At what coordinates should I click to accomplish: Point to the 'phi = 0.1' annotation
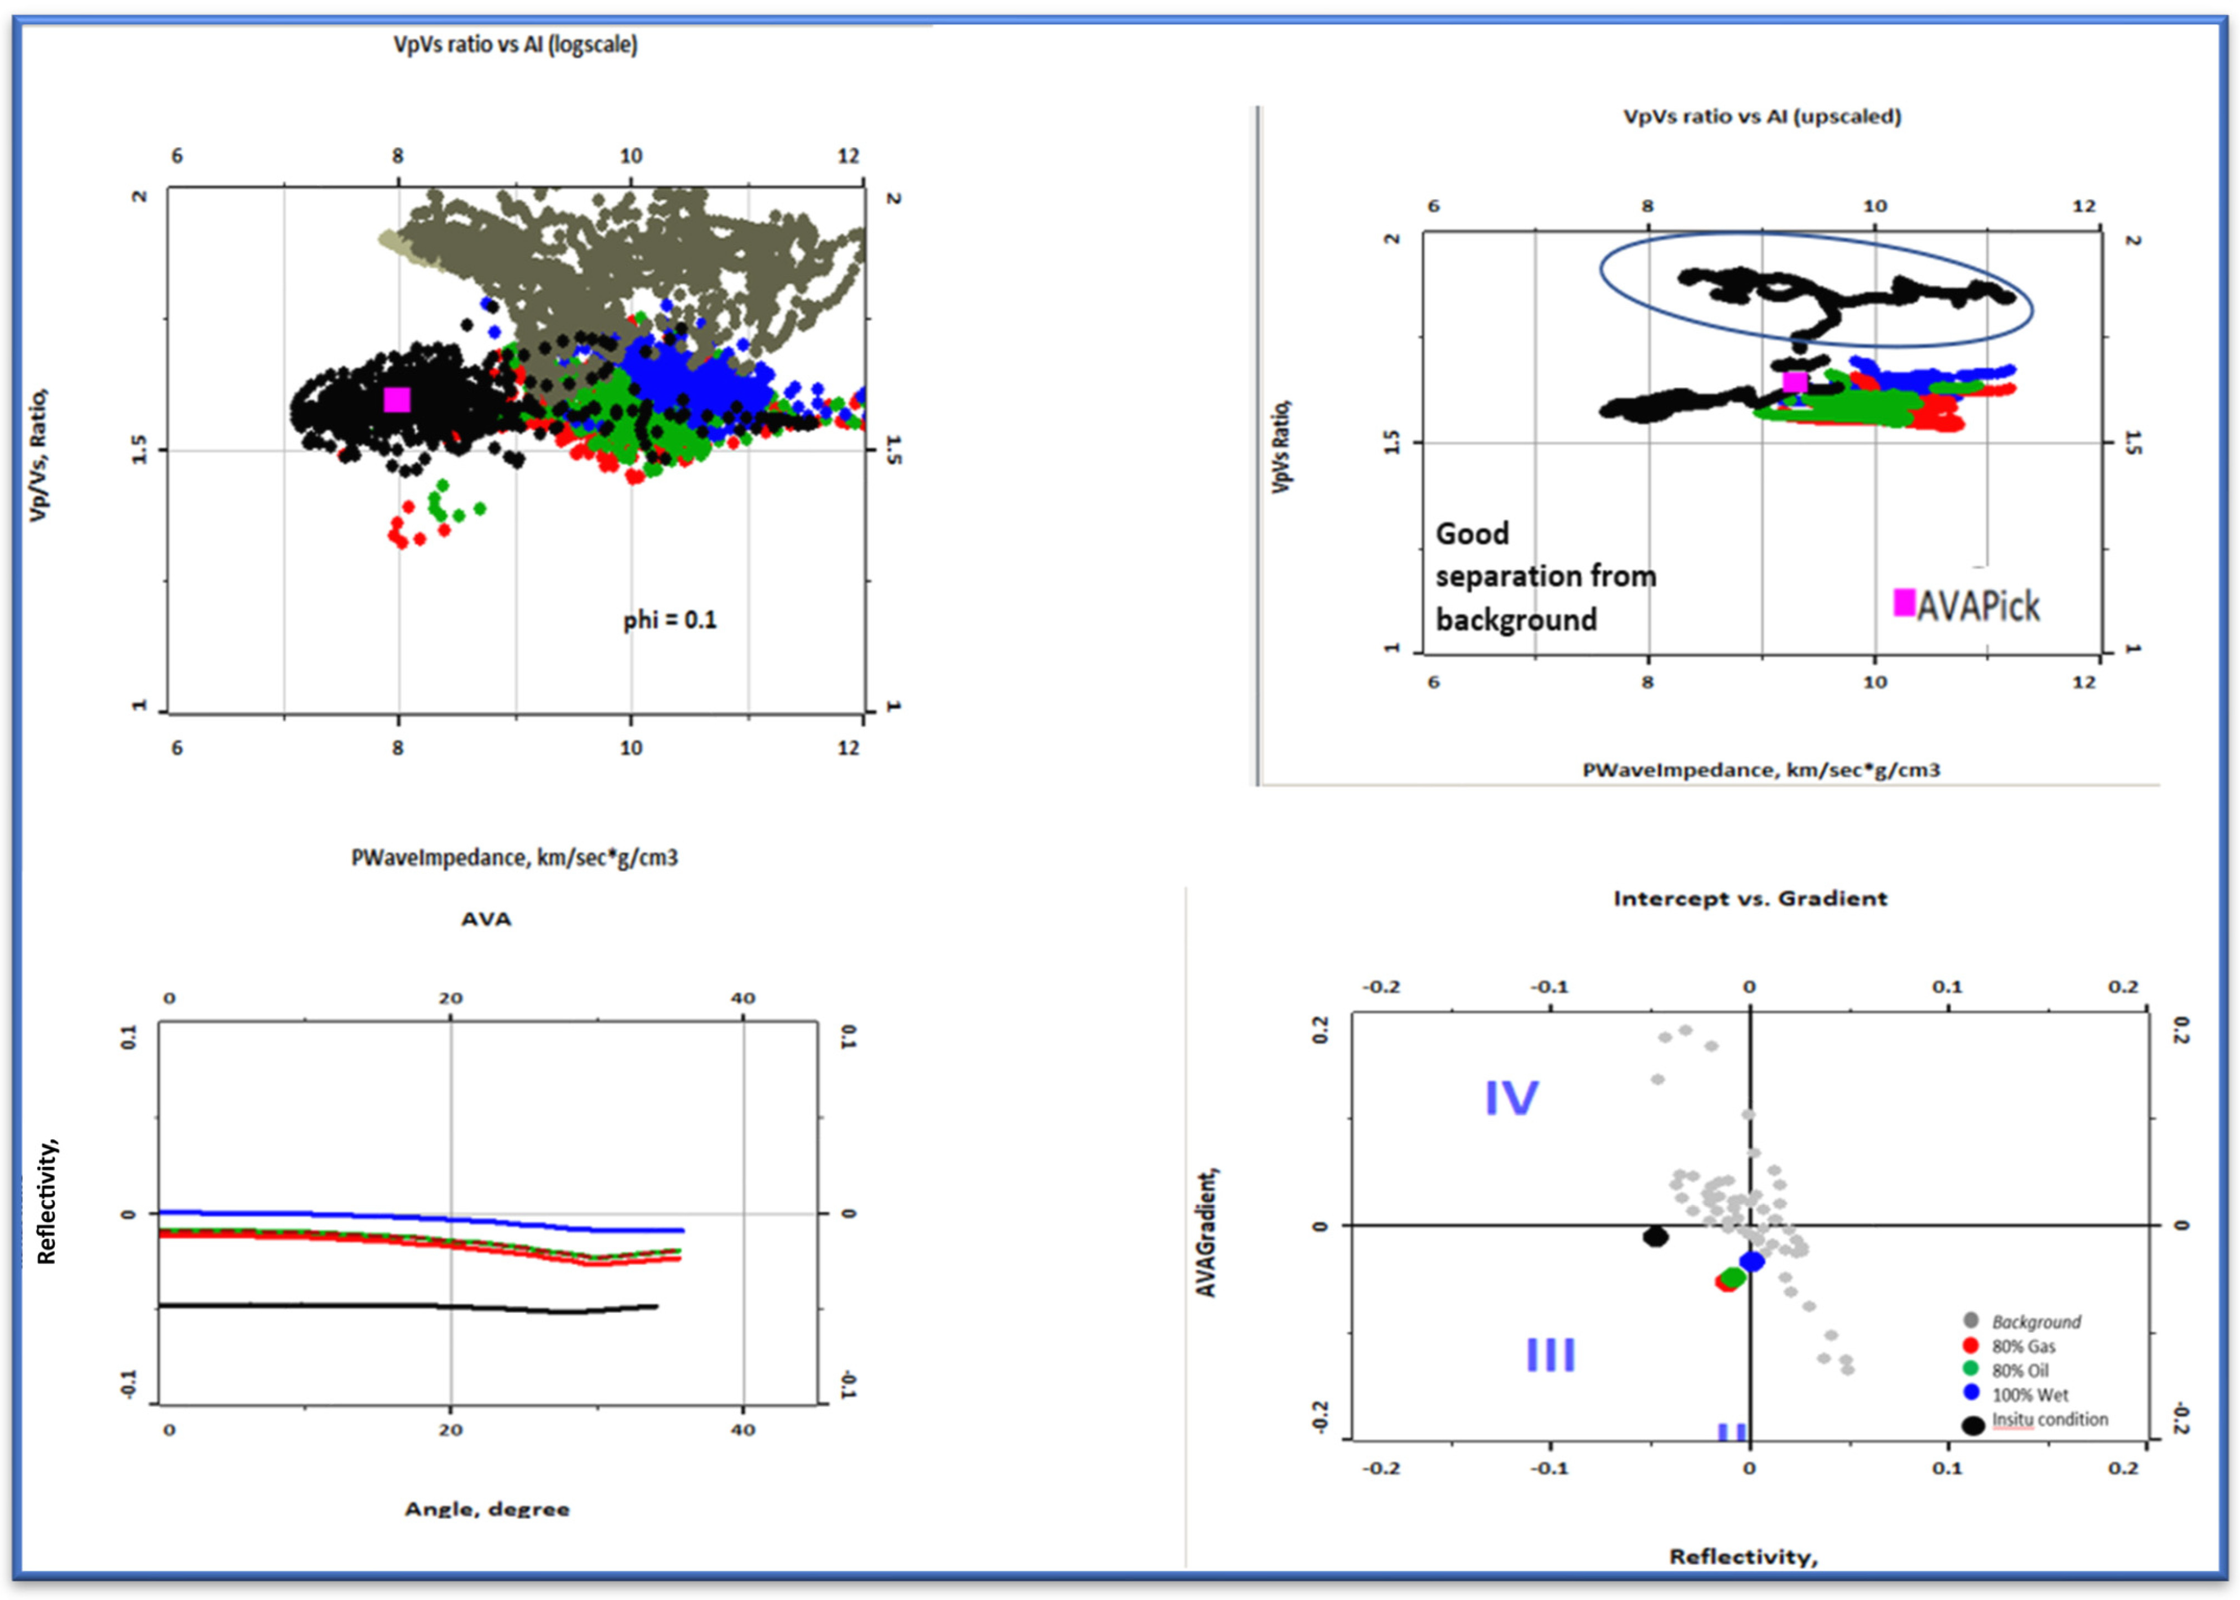[669, 620]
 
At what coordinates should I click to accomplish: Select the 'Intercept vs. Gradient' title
[1749, 899]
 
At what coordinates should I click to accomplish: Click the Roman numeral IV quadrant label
[1511, 1097]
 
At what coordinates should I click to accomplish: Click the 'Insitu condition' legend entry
[2049, 1420]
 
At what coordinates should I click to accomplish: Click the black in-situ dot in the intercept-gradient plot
[1656, 1237]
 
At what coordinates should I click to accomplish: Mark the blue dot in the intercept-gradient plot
[1751, 1261]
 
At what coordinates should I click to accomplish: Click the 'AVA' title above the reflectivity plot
[486, 919]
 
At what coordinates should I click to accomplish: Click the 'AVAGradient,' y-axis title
[1206, 1232]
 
